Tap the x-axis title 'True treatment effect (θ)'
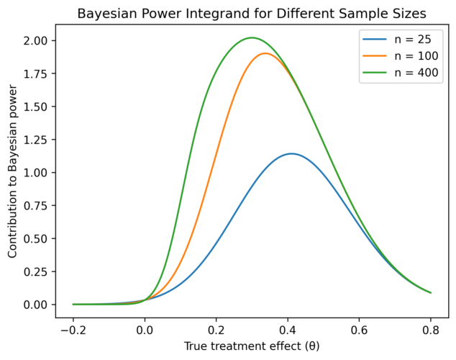251,346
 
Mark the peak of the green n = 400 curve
251,37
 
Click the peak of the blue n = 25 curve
291,153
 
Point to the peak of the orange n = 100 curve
265,53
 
